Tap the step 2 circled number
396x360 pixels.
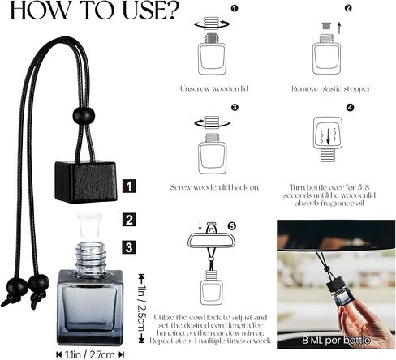click(348, 9)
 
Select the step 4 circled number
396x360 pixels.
click(350, 106)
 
